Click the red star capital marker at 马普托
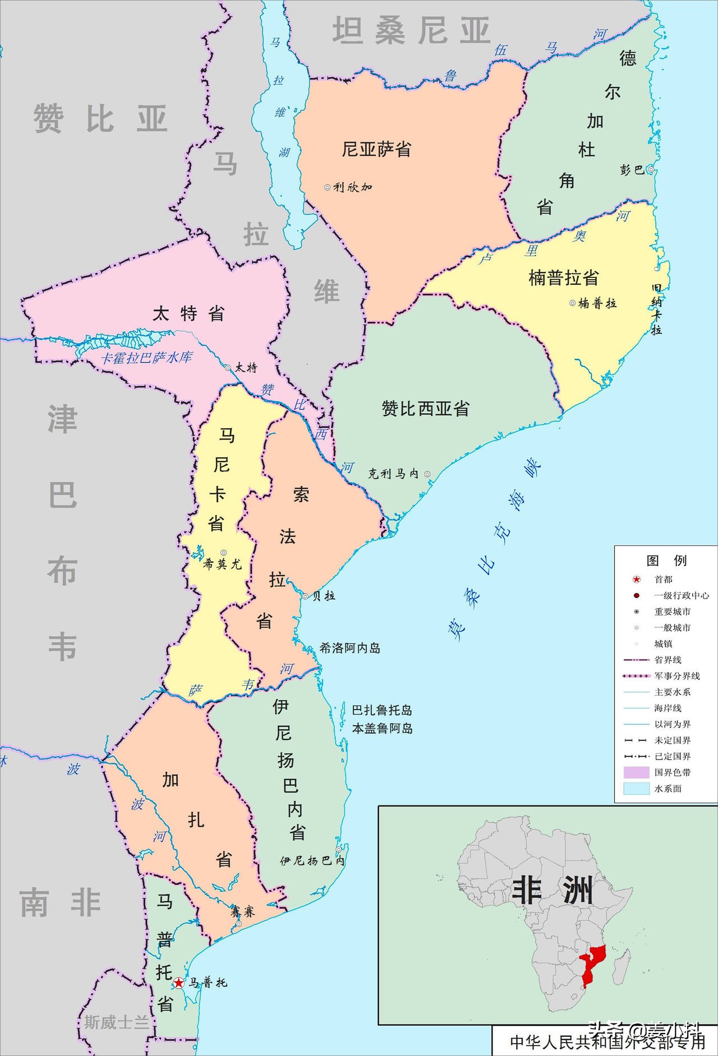pyautogui.click(x=178, y=982)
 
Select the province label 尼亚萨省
pyautogui.click(x=376, y=149)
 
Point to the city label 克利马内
pyautogui.click(x=393, y=474)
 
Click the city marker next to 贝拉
pyautogui.click(x=305, y=596)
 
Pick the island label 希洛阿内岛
pyautogui.click(x=349, y=648)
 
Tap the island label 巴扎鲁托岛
pyautogui.click(x=381, y=710)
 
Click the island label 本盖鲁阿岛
pyautogui.click(x=381, y=729)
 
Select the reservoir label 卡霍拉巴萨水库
pyautogui.click(x=146, y=358)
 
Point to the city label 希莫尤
pyautogui.click(x=223, y=564)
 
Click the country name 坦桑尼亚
pyautogui.click(x=411, y=31)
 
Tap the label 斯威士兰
pyautogui.click(x=117, y=1022)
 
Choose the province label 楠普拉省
pyautogui.click(x=563, y=277)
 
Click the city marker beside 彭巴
pyautogui.click(x=650, y=169)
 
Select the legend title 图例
pyautogui.click(x=666, y=560)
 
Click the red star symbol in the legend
pyautogui.click(x=636, y=580)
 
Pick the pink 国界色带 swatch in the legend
pyautogui.click(x=636, y=772)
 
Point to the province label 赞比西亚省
pyautogui.click(x=425, y=409)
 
